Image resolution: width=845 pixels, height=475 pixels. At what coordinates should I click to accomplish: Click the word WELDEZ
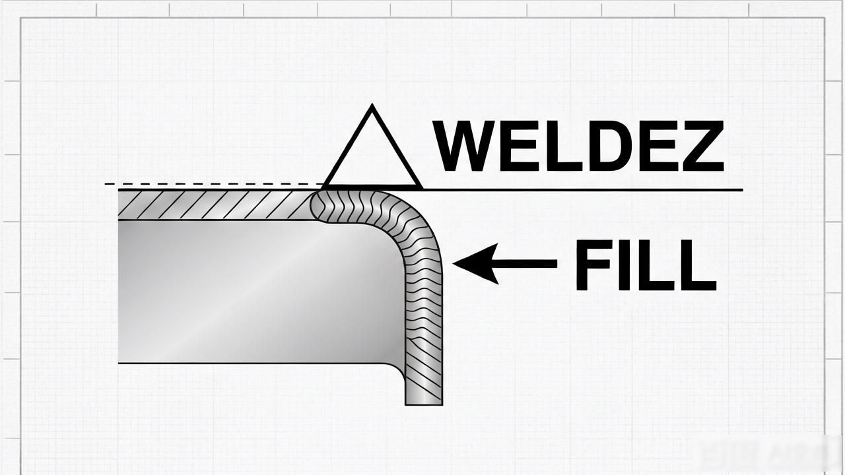click(579, 146)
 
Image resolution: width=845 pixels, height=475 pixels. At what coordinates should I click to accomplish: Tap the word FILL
click(645, 265)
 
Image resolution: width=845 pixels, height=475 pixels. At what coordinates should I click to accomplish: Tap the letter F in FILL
click(593, 265)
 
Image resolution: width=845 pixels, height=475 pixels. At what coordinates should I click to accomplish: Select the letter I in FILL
click(625, 265)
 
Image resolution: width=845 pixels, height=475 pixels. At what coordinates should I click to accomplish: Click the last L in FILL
click(698, 265)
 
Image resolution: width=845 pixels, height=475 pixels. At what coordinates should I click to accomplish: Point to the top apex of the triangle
click(372, 105)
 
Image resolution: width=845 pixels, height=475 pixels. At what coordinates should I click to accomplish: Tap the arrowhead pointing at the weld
click(475, 264)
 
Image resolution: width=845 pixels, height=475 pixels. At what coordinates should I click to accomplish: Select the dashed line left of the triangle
click(213, 184)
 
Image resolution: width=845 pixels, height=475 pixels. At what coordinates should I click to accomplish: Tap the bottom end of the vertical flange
click(424, 404)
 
